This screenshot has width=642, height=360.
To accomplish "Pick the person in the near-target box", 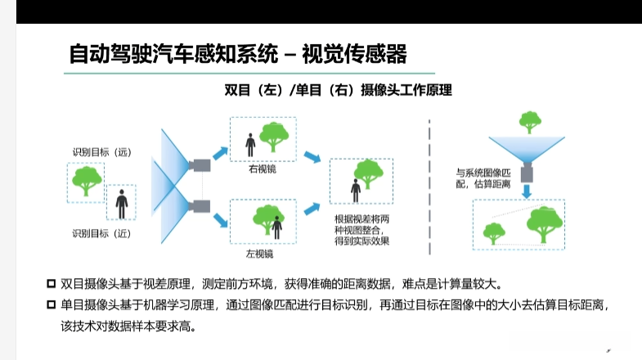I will coord(122,203).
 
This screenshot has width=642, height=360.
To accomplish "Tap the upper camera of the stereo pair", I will coord(200,165).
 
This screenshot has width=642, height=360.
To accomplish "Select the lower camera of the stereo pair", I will coord(200,206).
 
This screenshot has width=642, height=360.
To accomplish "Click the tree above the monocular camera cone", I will coord(531,122).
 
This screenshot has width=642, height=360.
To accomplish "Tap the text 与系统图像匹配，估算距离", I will coord(483,178).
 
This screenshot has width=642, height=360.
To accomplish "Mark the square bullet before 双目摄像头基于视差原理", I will coord(51,284).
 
